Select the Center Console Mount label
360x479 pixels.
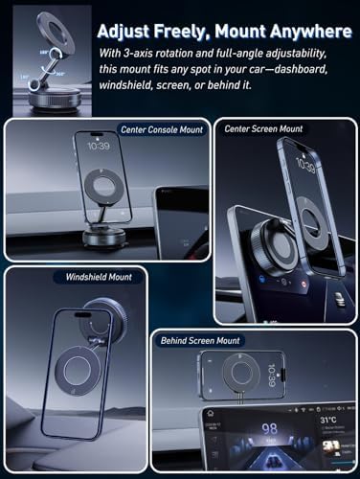click(x=154, y=128)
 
